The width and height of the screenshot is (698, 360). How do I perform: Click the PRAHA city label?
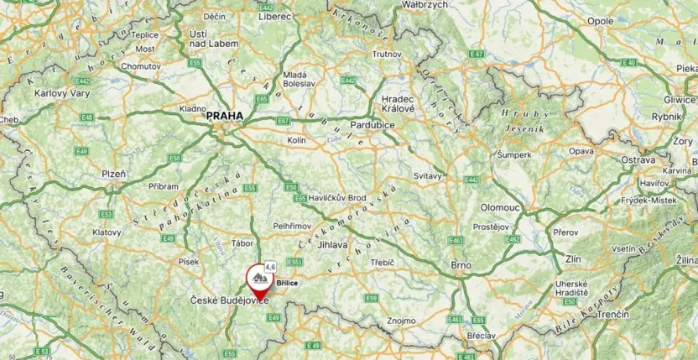click(x=224, y=117)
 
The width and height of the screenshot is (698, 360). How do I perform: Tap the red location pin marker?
click(x=258, y=279)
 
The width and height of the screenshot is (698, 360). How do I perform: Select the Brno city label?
click(x=460, y=265)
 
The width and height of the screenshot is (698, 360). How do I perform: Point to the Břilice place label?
click(x=288, y=284)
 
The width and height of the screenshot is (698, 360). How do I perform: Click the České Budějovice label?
click(x=228, y=300)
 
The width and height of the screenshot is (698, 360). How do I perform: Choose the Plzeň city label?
click(x=113, y=174)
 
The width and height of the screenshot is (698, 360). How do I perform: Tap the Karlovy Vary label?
click(x=61, y=93)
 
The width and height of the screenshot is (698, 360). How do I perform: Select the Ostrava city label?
click(x=638, y=160)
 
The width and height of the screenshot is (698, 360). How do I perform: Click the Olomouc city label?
click(x=501, y=206)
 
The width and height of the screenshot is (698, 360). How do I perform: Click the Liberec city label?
click(x=275, y=16)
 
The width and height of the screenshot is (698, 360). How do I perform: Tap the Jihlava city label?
click(x=333, y=244)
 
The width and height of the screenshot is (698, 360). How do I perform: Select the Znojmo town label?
click(x=401, y=321)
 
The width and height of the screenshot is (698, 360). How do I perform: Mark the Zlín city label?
click(x=573, y=259)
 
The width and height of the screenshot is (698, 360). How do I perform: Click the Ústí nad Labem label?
click(x=199, y=39)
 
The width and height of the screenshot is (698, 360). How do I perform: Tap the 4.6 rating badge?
click(x=269, y=266)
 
